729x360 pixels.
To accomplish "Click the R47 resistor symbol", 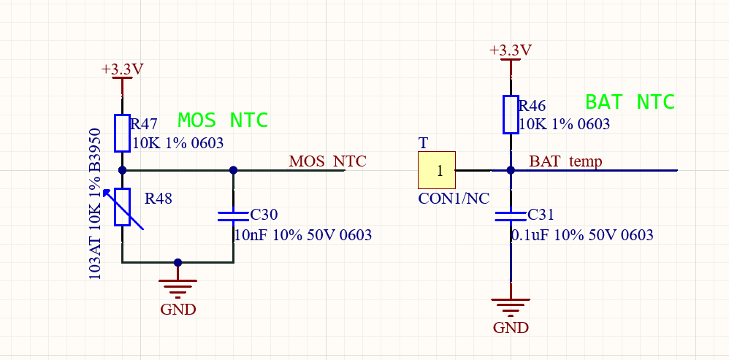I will (122, 133).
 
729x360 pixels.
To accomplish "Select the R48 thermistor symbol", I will (122, 207).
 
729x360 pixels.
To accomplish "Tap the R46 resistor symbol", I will (511, 115).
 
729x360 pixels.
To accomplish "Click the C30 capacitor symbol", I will (233, 216).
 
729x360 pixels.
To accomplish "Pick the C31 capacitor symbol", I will (511, 216).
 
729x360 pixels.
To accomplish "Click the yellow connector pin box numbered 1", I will (437, 170).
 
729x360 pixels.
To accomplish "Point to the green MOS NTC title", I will (223, 120).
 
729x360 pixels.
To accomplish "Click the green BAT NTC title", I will (630, 102).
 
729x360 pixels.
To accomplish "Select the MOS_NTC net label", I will (327, 161).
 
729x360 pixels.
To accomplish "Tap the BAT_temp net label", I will (565, 161).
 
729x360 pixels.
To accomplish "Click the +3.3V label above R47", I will (122, 69).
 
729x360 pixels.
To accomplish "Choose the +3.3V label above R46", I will (511, 50).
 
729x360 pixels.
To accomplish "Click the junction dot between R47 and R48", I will (122, 170).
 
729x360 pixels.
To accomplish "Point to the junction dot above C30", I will (233, 170).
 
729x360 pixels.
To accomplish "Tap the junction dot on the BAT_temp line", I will (511, 170).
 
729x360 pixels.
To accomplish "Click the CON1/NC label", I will (454, 198).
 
